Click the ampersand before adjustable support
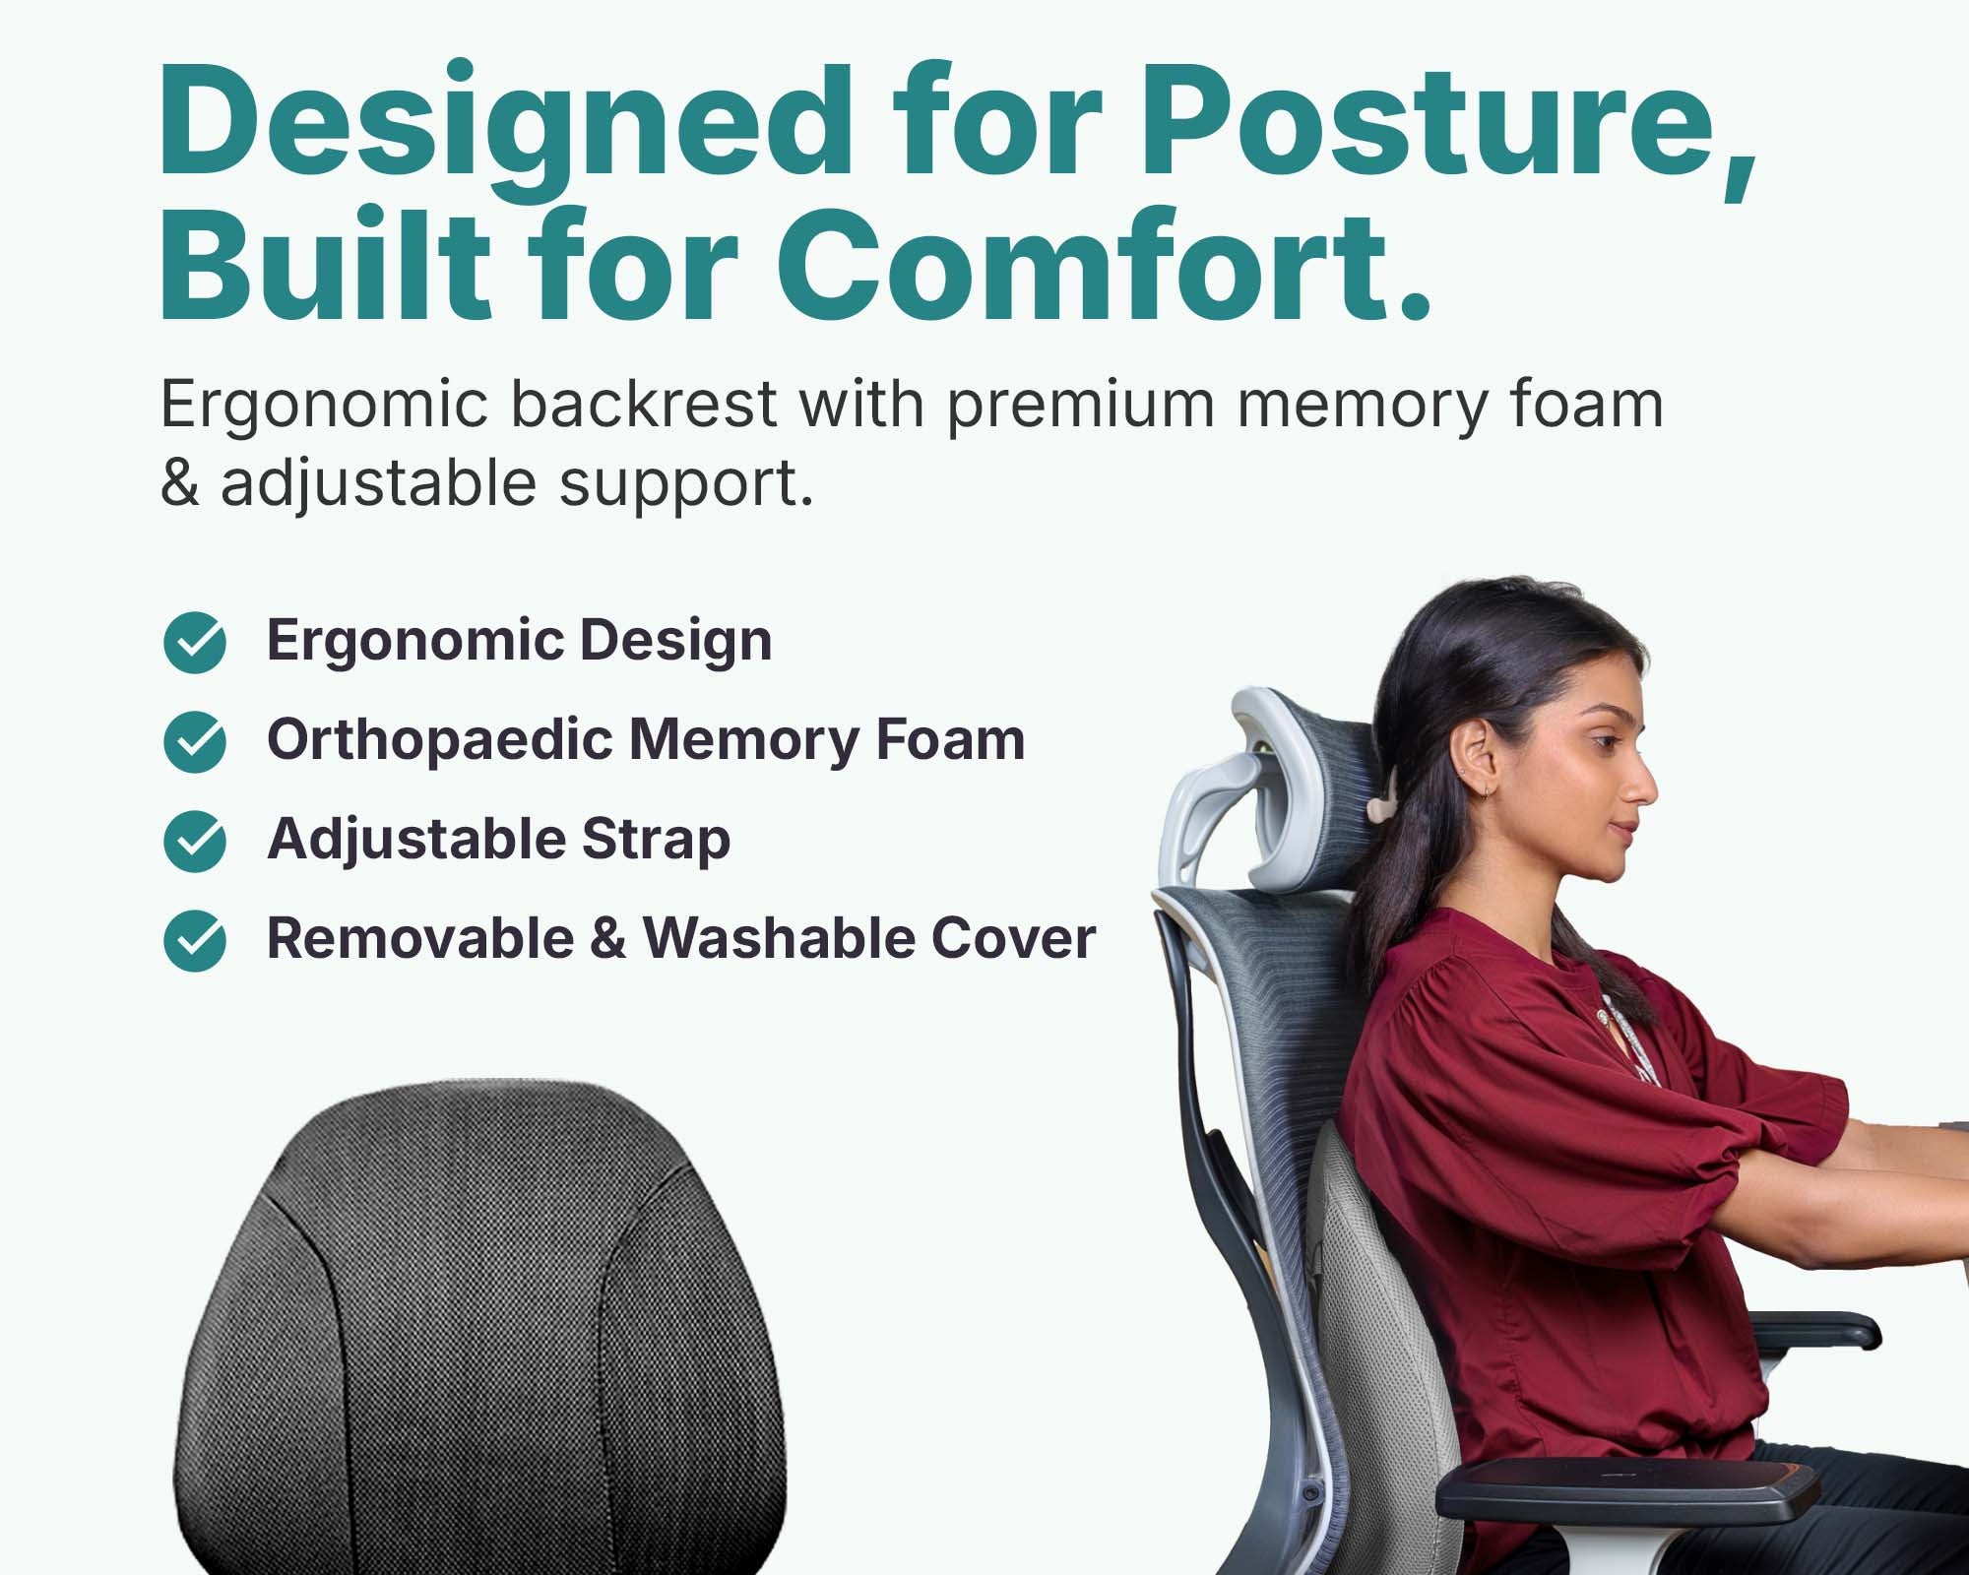coord(179,483)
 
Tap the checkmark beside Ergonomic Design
coord(195,643)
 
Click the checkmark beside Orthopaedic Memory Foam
coord(195,742)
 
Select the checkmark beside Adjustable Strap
coord(195,842)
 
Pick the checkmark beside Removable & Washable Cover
coord(195,941)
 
